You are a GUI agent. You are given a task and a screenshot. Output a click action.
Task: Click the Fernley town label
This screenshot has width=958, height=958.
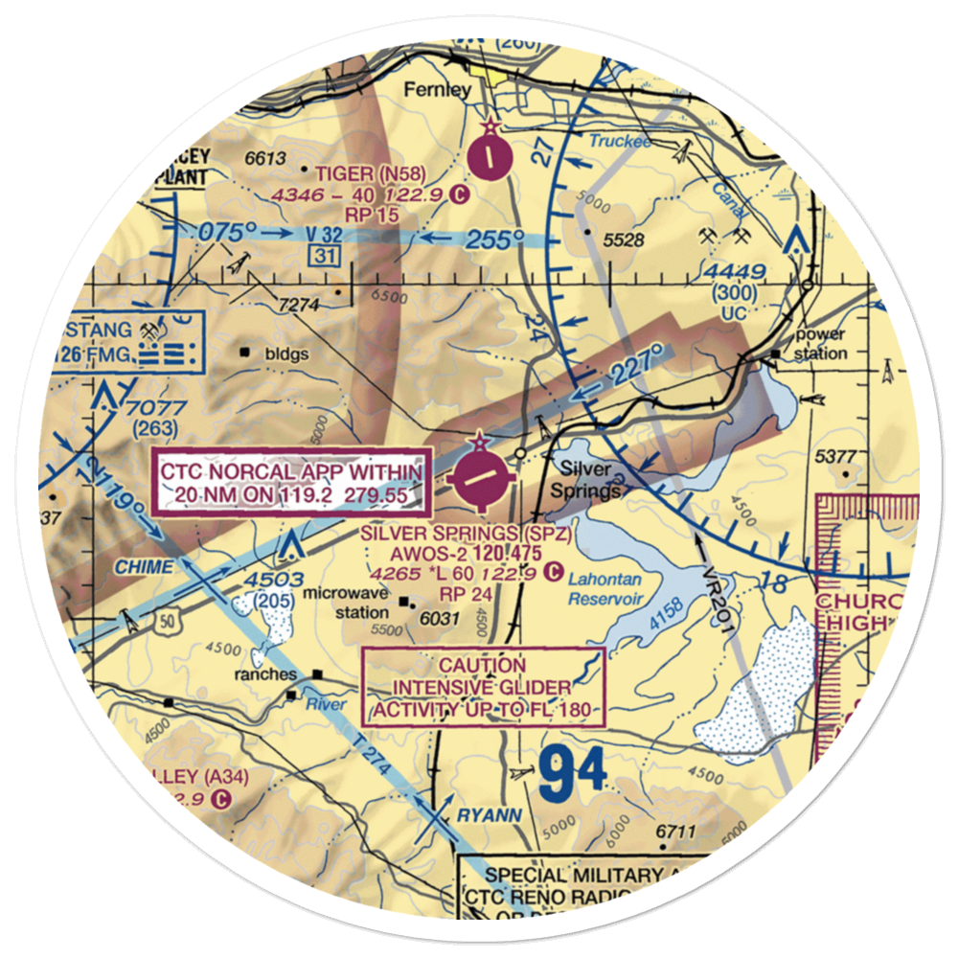[438, 90]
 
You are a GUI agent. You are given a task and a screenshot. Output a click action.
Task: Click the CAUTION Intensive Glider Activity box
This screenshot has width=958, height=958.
[483, 688]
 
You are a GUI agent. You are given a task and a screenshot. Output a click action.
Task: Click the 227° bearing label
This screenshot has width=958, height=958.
[632, 367]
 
